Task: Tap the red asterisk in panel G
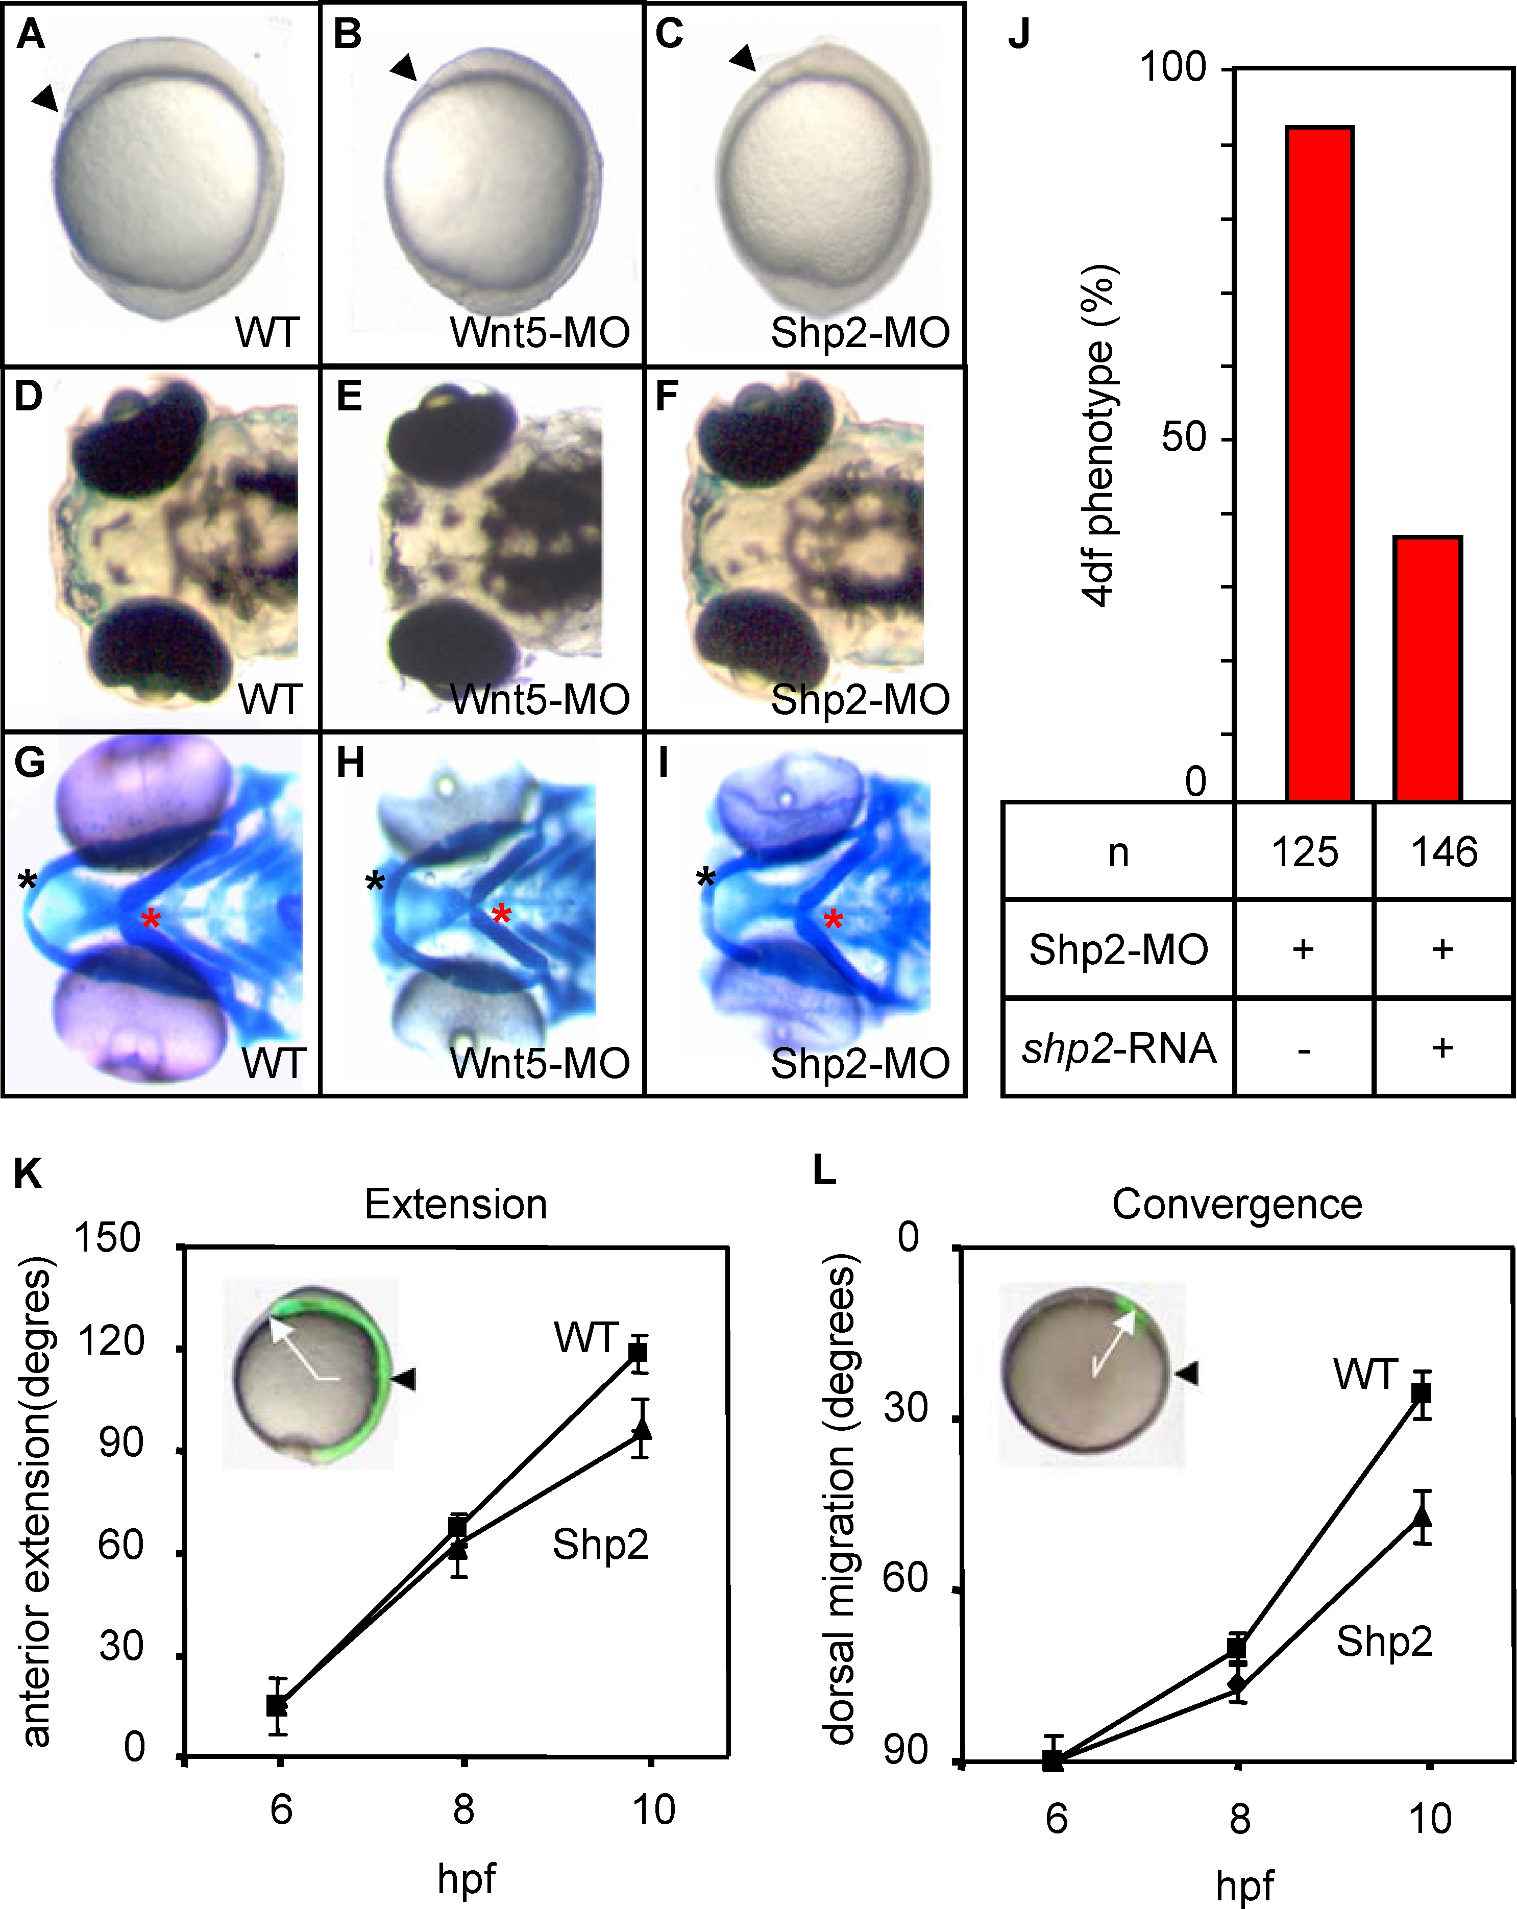click(x=152, y=919)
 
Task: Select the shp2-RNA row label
click(x=1118, y=1048)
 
